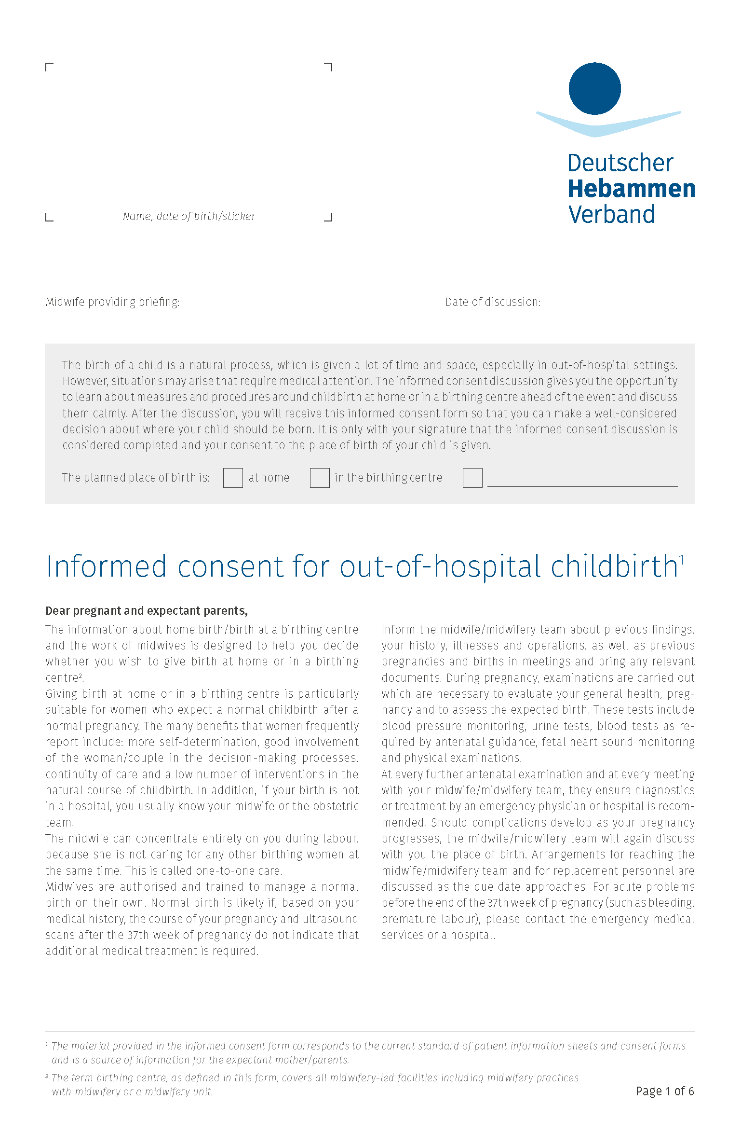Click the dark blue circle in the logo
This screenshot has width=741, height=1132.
click(x=594, y=89)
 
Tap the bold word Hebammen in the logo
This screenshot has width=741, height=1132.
click(x=631, y=189)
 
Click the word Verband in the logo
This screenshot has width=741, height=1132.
click(x=611, y=214)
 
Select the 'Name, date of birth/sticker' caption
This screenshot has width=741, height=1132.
click(x=189, y=216)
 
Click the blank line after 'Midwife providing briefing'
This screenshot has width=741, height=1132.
click(x=310, y=306)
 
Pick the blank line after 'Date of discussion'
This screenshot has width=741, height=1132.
click(x=619, y=306)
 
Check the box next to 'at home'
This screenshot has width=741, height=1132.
click(x=233, y=478)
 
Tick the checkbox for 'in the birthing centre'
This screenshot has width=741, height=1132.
click(x=320, y=478)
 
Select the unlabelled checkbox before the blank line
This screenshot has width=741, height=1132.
click(x=472, y=478)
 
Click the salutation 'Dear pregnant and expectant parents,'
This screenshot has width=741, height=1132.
click(x=147, y=611)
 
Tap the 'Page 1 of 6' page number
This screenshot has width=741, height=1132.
click(x=664, y=1091)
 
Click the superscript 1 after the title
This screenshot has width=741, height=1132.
click(x=682, y=559)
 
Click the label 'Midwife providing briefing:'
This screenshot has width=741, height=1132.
click(x=112, y=302)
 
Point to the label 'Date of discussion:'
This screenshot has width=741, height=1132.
click(x=493, y=302)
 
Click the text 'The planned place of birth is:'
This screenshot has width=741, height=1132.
click(x=135, y=478)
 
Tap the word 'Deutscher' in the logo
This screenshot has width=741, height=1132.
click(x=620, y=163)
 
